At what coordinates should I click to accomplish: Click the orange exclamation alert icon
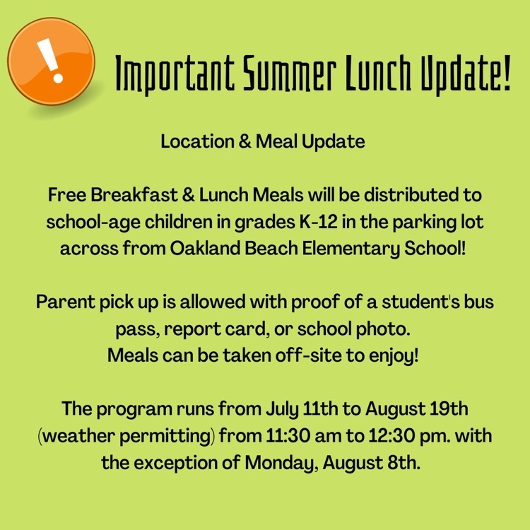52,61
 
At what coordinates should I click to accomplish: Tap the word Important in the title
175,74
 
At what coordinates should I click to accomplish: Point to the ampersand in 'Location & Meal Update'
245,141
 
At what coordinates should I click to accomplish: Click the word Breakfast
134,195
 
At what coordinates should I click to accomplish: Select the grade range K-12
319,222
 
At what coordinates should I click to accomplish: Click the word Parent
66,302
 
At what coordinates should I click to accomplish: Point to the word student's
420,302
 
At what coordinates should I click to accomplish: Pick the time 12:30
391,436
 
